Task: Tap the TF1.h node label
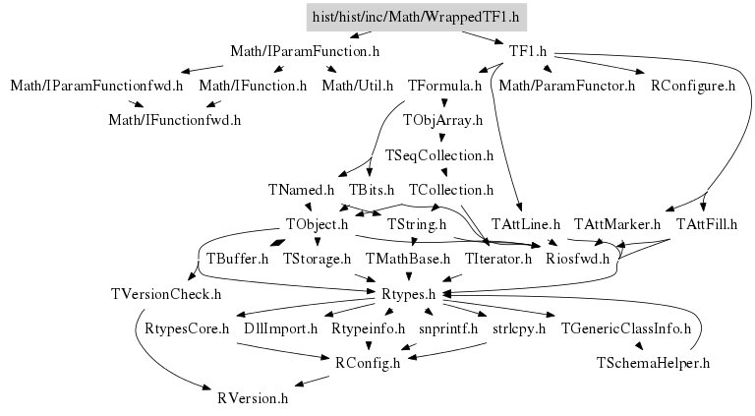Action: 528,51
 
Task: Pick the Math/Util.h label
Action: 358,87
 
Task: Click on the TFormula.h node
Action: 444,87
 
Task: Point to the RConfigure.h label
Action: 693,87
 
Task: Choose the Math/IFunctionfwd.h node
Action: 174,120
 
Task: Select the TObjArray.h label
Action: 443,121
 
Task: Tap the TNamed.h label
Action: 301,189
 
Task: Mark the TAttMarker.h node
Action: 616,224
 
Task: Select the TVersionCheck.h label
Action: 166,293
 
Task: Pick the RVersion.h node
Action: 253,398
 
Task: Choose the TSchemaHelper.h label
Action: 653,363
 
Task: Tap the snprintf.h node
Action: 446,328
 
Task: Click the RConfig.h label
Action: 369,363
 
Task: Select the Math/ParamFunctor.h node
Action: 567,87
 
